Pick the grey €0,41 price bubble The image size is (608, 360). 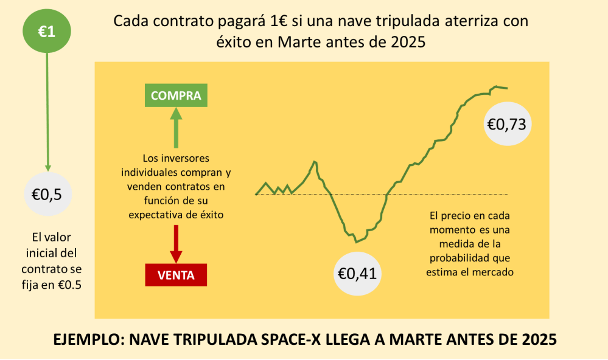(x=357, y=273)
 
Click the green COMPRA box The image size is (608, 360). (x=176, y=95)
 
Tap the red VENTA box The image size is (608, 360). (x=176, y=275)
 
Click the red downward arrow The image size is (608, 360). (x=176, y=244)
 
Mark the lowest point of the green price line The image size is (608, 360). (x=356, y=241)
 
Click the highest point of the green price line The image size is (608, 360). (x=497, y=86)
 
